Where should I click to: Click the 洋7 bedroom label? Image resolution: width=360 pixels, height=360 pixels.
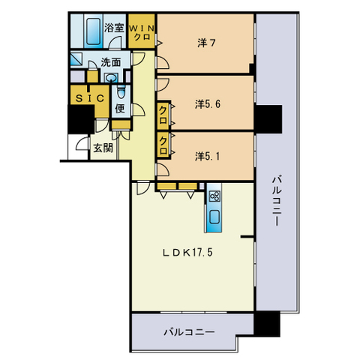206,43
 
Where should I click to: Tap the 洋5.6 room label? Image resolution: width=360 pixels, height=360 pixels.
208,104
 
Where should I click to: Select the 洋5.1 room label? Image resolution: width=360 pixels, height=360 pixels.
208,157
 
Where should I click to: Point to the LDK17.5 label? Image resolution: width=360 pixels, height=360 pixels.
187,253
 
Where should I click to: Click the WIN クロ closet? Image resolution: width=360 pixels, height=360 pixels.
142,31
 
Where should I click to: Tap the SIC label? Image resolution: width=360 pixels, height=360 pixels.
90,98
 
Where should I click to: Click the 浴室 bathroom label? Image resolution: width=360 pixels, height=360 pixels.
114,28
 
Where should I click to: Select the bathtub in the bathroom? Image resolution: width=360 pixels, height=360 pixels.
93,30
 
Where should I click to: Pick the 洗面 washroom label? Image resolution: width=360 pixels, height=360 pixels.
111,62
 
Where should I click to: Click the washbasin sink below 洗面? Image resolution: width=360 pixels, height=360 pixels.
111,78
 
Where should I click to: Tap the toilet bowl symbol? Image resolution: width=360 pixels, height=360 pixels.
121,92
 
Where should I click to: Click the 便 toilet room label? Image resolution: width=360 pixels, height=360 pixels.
120,108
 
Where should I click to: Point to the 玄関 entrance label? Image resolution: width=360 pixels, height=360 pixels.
103,148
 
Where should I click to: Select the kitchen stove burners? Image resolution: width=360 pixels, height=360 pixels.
214,196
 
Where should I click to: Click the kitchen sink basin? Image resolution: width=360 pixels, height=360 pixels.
214,217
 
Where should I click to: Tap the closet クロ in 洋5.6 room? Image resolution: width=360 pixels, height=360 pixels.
163,115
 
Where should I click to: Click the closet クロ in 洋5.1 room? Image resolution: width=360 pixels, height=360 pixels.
163,145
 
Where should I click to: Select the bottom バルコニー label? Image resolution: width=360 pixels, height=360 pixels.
189,332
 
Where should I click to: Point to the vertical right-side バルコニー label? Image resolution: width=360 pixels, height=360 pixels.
277,201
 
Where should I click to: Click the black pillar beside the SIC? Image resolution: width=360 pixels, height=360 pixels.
81,119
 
